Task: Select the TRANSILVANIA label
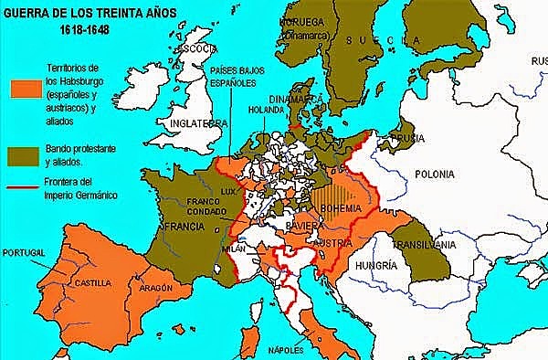tap(424, 245)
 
